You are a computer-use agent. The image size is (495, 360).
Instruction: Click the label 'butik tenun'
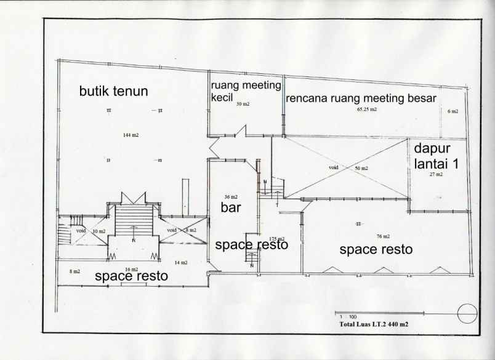pos(113,92)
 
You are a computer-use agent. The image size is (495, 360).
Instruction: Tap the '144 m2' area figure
pos(130,134)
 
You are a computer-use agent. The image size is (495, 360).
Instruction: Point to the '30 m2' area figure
pos(243,105)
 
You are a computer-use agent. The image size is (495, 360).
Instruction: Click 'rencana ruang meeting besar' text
pos(361,98)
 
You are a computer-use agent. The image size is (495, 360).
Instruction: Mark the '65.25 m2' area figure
pos(366,110)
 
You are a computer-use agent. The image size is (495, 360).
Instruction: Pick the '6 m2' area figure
pos(453,111)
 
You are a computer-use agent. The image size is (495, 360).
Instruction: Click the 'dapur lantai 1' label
pos(433,156)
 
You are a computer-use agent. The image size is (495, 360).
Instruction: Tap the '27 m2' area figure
pos(437,175)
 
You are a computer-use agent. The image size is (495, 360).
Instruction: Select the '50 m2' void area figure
pos(361,168)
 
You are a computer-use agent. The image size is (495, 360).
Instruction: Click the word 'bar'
pos(231,207)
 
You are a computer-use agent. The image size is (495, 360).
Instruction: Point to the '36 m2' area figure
pos(230,197)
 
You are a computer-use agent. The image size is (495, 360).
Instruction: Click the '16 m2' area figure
pos(131,270)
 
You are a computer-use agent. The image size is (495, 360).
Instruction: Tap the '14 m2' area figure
pos(180,263)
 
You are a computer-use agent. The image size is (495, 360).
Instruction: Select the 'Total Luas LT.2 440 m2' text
pos(373,323)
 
